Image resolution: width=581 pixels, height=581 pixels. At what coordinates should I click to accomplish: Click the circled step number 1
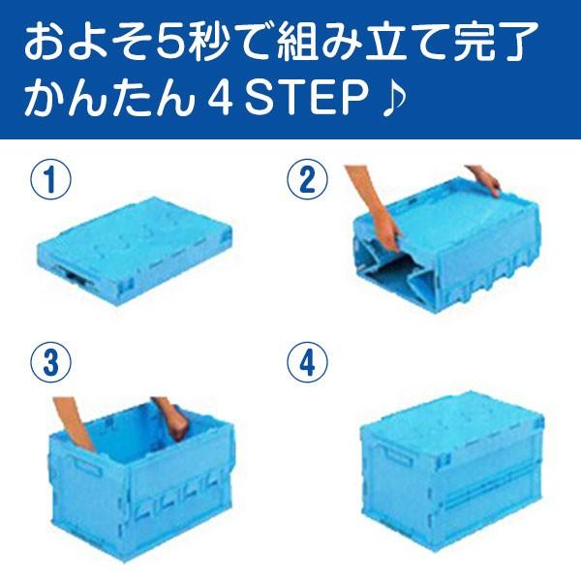pyautogui.click(x=47, y=181)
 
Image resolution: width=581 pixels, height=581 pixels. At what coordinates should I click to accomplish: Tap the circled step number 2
pyautogui.click(x=303, y=181)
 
